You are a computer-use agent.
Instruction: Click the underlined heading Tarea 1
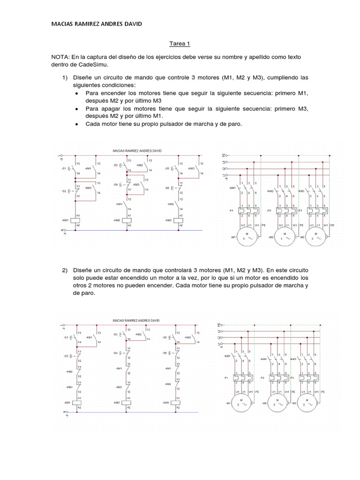coord(180,44)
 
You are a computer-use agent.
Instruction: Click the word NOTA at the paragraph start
coord(60,56)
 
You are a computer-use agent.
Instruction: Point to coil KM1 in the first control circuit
coord(76,220)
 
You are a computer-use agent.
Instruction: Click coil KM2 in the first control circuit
coord(127,220)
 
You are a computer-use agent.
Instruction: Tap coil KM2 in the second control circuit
coord(127,403)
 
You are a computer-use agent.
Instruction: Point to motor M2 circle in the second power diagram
coord(280,403)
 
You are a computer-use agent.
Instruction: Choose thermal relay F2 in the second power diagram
coord(280,378)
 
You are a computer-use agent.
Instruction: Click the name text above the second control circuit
coord(136,320)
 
